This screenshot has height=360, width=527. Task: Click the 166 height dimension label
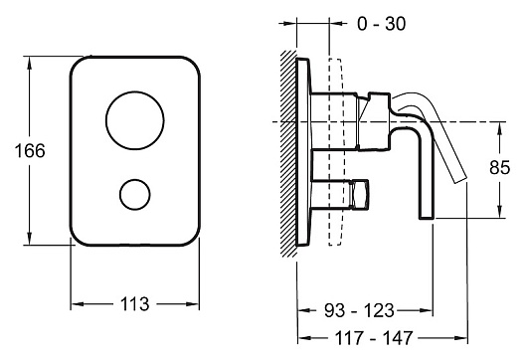(30, 150)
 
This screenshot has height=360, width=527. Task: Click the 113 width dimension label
(135, 304)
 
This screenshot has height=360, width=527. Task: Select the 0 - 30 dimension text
(381, 24)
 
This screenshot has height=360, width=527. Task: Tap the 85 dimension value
(500, 167)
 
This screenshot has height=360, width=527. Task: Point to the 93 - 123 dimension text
(359, 310)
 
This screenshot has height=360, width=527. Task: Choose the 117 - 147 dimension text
(374, 338)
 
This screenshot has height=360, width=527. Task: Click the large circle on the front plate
(135, 120)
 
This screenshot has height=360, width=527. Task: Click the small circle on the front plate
(135, 194)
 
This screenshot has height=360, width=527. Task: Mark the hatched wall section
(288, 153)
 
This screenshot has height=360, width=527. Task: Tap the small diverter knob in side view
(359, 194)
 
